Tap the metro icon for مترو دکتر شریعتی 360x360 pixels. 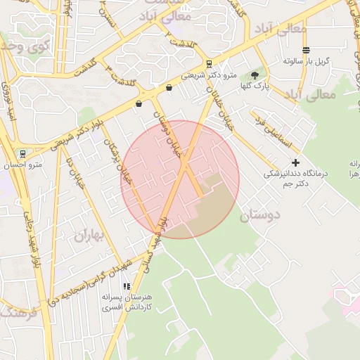pos(209,64)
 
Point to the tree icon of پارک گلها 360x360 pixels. pos(254,75)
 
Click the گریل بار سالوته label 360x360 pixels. pos(307,61)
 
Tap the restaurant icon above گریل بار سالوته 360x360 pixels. pos(306,50)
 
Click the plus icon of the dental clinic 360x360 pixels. pos(295,162)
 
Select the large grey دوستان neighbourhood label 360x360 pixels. pos(260,215)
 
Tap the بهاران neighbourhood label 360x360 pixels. pos(89,235)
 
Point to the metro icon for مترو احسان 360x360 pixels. pos(22,153)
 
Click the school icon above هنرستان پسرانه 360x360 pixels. pos(127,286)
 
